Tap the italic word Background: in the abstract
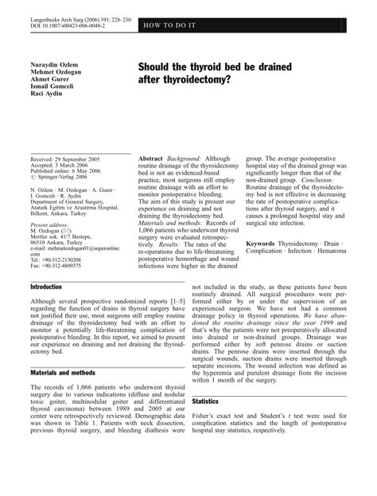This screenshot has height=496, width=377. point(194,159)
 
